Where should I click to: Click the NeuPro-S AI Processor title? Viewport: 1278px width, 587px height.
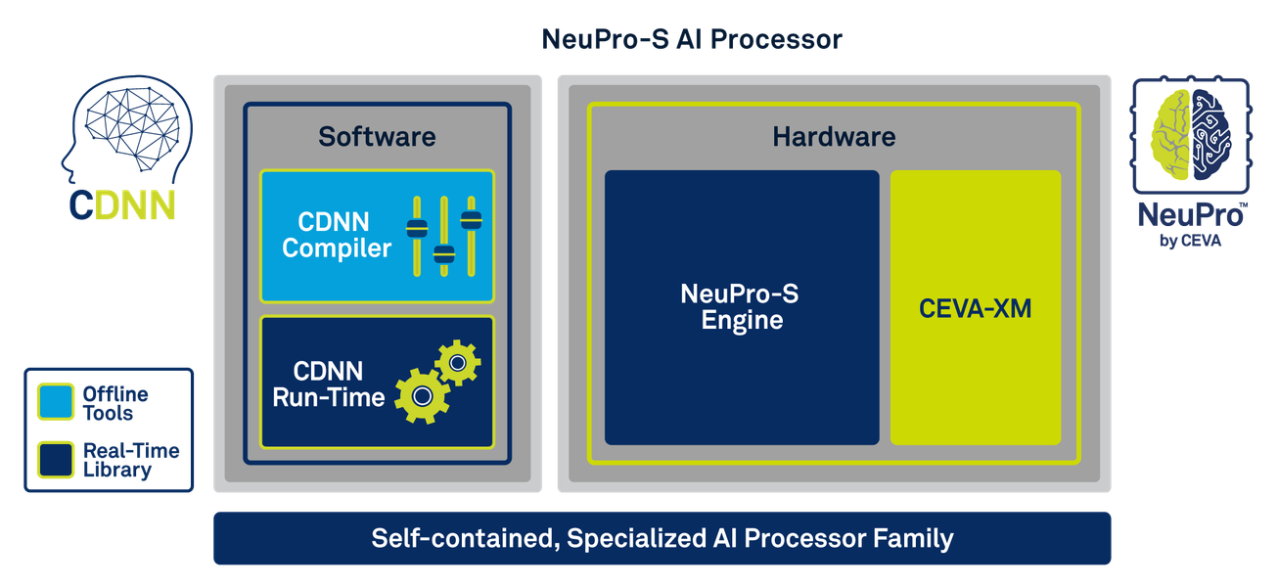[x=692, y=40]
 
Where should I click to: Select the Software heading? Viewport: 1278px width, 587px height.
[x=377, y=136]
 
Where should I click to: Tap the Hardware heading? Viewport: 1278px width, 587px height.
[x=834, y=136]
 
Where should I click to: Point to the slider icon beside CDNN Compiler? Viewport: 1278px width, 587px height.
[x=444, y=236]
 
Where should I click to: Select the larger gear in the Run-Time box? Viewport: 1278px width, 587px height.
[x=422, y=395]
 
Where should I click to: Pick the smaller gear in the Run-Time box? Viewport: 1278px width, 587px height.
[x=456, y=363]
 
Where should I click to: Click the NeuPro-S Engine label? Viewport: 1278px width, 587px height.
[x=742, y=306]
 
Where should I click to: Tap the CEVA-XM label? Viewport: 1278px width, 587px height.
[x=975, y=309]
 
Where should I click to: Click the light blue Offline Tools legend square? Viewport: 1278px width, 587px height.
[x=55, y=402]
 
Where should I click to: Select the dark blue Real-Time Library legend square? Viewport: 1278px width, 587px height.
[x=55, y=460]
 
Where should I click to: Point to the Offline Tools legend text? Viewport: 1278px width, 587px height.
[x=115, y=403]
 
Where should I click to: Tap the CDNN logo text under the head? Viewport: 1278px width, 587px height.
[x=122, y=205]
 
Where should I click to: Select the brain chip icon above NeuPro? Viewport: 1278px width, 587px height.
[x=1189, y=134]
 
